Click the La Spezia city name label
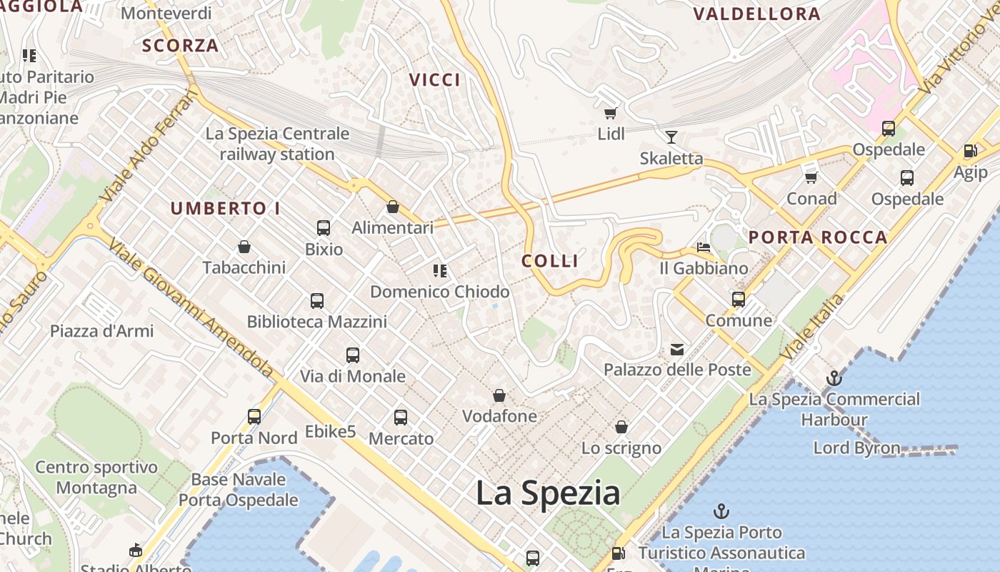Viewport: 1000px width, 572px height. (548, 493)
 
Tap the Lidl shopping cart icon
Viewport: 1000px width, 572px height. (611, 113)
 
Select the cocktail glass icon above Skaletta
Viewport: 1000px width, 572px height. (671, 137)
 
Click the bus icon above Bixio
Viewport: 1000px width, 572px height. (324, 228)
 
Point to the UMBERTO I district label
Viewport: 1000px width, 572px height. (225, 209)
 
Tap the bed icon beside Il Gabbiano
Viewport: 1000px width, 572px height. (704, 248)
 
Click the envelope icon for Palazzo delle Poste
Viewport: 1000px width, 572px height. (677, 350)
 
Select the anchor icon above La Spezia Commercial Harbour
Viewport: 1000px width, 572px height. (834, 378)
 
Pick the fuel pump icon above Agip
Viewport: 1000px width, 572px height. (970, 151)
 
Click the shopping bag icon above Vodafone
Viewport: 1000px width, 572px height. (499, 395)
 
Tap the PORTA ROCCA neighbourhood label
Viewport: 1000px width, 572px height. (818, 237)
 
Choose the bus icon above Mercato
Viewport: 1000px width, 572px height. (401, 418)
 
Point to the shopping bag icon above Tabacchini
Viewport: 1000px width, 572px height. (244, 247)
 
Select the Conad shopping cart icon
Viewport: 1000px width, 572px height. (811, 177)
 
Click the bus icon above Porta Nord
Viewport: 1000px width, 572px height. (254, 416)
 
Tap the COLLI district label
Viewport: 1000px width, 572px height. (550, 261)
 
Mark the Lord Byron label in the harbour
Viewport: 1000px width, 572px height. (856, 448)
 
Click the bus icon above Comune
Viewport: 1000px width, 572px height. (739, 300)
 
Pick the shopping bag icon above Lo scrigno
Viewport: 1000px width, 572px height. (621, 427)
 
